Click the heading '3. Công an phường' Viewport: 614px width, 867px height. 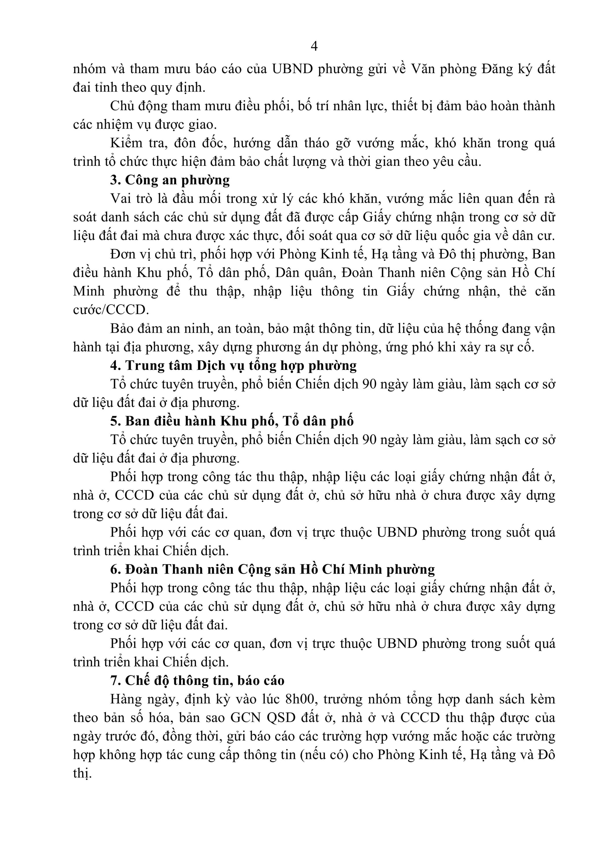pos(170,180)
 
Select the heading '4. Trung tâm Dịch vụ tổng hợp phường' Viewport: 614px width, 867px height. pos(233,366)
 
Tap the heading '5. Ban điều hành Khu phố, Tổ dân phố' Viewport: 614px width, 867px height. pos(232,421)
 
